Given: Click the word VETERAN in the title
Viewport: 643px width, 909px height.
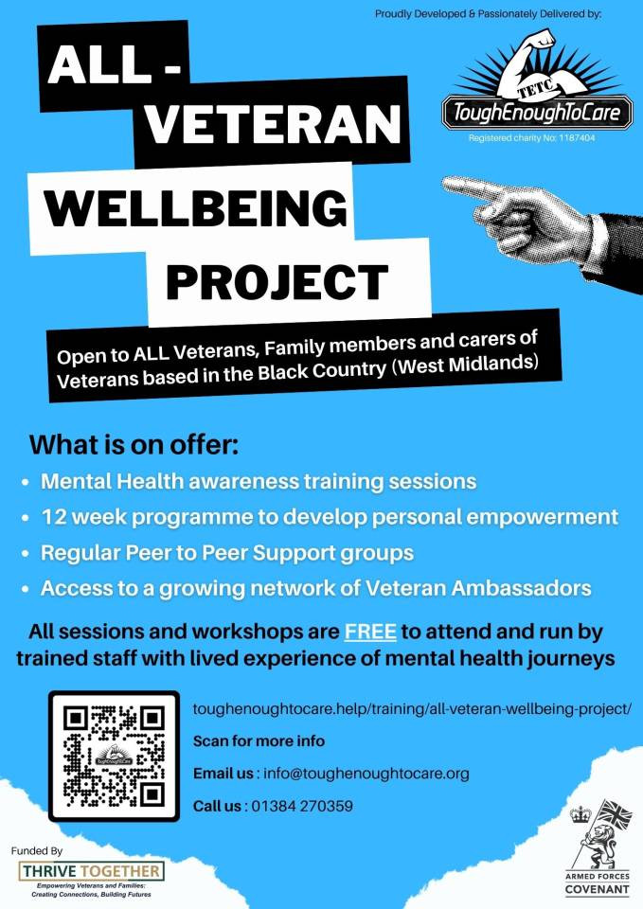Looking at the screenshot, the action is point(273,123).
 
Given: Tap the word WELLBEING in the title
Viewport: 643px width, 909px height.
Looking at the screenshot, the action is point(196,207).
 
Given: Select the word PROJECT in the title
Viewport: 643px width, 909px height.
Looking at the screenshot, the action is point(277,282).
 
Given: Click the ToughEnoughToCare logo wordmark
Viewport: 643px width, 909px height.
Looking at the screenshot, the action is point(537,112).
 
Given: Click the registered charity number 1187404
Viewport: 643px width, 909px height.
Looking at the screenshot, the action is point(577,138).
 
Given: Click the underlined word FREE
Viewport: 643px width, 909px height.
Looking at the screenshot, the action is point(370,632).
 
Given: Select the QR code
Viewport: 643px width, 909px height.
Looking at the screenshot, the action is point(114,756).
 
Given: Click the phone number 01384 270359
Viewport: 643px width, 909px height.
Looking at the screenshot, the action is point(301,806).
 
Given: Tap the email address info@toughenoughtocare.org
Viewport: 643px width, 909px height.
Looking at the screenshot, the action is point(366,774).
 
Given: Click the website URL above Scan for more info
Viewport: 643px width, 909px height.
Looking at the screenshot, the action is point(412,709).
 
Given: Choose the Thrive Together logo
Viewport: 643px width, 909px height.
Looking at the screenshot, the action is point(91,879).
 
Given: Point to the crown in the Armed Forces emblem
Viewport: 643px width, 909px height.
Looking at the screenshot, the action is point(580,814).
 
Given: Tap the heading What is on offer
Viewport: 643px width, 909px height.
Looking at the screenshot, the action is point(134,445).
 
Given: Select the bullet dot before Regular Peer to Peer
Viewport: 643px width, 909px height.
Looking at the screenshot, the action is point(25,554).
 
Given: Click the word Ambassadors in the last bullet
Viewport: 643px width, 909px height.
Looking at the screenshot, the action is point(521,588).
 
